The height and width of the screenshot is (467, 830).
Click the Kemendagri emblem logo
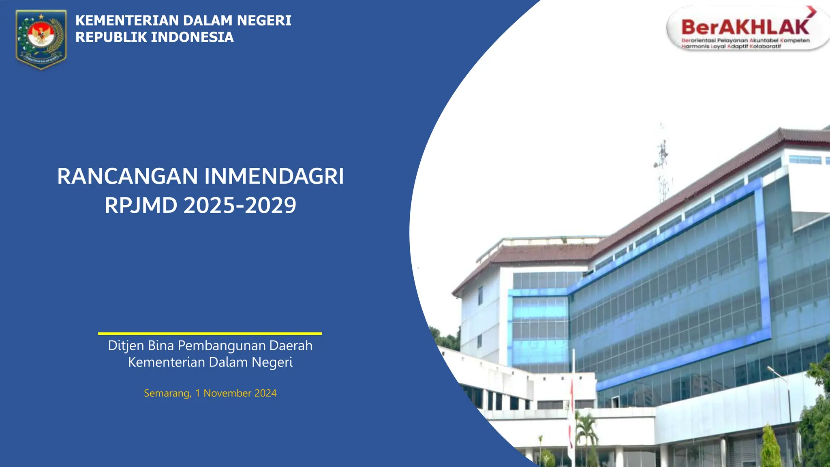(41, 39)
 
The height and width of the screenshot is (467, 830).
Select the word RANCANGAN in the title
(127, 176)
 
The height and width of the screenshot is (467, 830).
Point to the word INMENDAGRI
(274, 176)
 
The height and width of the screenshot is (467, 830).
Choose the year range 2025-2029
(240, 205)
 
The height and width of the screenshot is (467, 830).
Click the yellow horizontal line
(210, 334)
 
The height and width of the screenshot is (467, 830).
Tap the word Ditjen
(126, 346)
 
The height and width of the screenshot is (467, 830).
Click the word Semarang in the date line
(167, 393)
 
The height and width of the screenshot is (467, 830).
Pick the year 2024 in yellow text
(265, 393)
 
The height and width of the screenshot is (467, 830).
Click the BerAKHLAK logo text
(745, 28)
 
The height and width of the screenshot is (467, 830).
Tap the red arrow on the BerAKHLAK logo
(811, 11)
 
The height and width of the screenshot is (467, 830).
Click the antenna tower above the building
(662, 162)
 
